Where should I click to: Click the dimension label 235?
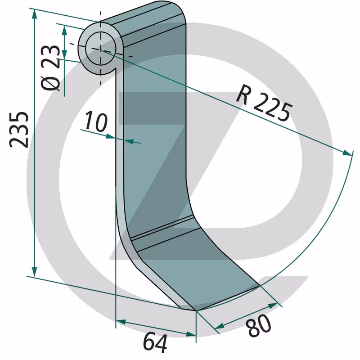click(19, 130)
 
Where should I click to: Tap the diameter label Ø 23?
click(50, 68)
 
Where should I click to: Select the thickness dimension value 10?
click(96, 121)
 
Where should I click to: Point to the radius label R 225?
click(264, 103)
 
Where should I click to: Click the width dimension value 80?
click(258, 325)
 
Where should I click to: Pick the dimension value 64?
click(155, 342)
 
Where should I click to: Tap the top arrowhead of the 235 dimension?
click(35, 14)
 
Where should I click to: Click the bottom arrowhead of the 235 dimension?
click(34, 272)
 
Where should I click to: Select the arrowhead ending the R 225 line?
click(346, 153)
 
